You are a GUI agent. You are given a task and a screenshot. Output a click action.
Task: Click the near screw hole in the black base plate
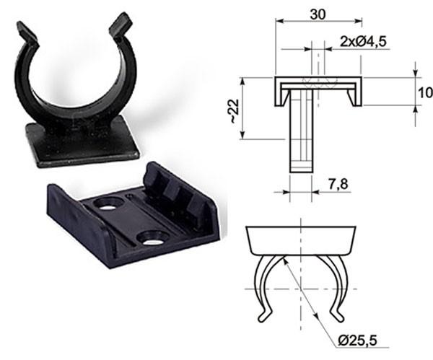click(152, 237)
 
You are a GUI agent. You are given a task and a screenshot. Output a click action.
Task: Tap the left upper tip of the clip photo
click(26, 32)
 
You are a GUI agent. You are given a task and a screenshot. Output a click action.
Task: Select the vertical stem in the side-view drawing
click(301, 137)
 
